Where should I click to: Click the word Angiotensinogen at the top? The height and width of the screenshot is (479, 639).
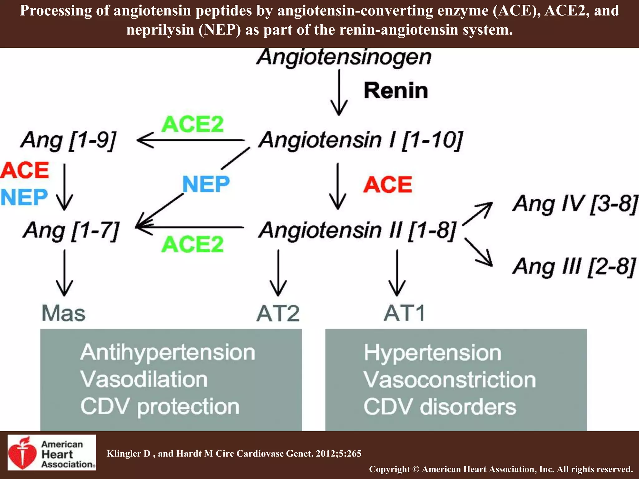point(344,58)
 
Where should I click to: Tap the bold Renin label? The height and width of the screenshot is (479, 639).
point(396,91)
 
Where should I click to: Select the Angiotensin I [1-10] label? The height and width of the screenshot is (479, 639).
point(361,140)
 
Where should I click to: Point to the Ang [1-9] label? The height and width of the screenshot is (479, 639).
point(68,140)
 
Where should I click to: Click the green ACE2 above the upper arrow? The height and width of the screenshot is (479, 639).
point(193,124)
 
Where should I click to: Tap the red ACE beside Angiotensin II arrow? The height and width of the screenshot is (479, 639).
point(388,184)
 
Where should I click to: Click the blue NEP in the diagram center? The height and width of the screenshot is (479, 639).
point(206,184)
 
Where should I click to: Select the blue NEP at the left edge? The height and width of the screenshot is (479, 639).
point(24,197)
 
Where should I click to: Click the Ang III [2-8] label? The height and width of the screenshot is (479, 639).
point(574,267)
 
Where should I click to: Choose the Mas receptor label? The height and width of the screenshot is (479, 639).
point(63,313)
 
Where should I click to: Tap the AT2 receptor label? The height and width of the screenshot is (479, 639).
point(278,313)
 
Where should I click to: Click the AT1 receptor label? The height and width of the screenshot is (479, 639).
point(404,313)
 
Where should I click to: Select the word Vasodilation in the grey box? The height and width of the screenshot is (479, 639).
point(144,380)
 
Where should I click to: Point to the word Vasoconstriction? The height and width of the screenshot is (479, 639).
point(450,380)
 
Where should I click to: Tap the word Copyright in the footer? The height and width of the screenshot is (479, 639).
point(389,469)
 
